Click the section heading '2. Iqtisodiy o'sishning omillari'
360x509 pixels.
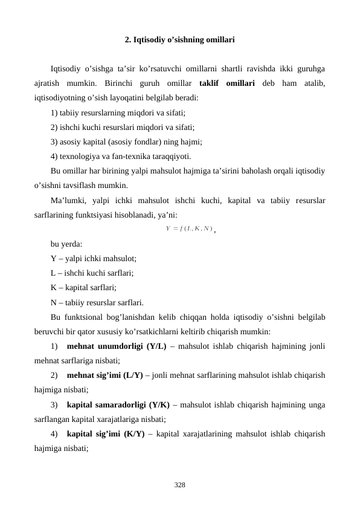click(179, 41)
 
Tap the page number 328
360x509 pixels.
click(179, 484)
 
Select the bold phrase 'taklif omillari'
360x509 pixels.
click(227, 83)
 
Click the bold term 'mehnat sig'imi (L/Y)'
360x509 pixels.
click(105, 375)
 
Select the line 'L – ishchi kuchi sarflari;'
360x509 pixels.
click(92, 273)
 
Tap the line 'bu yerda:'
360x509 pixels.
click(67, 244)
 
